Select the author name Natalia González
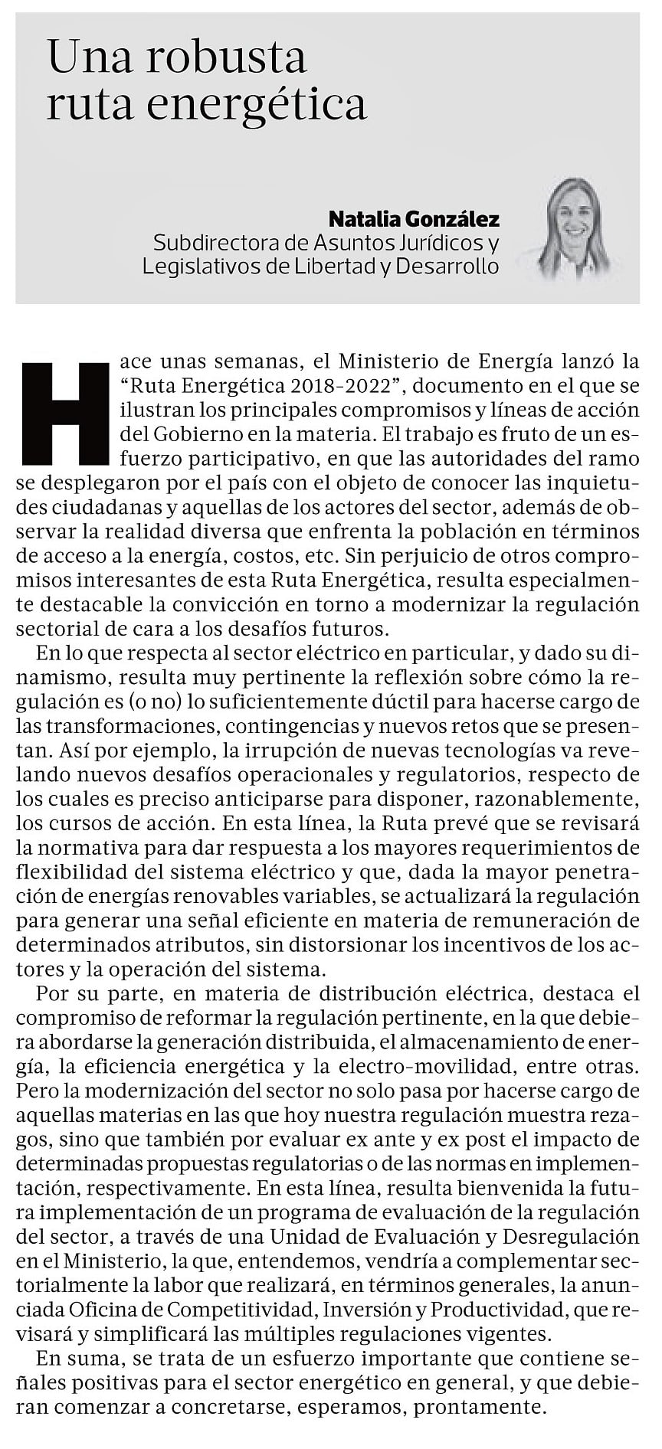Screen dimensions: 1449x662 [414, 220]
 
